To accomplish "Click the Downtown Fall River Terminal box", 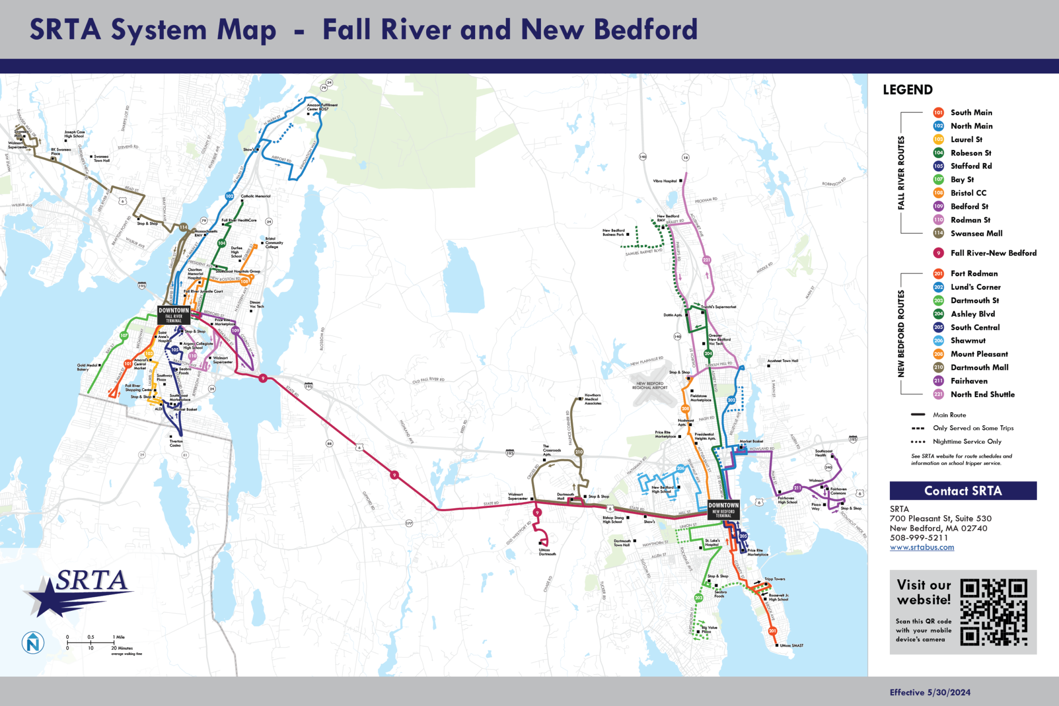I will (x=174, y=315).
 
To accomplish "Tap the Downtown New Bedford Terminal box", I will (x=723, y=509).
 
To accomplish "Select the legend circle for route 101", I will (x=939, y=113).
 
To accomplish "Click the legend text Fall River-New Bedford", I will (x=993, y=253).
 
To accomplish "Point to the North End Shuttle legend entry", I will (x=982, y=394).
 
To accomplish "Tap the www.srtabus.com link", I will (x=922, y=547).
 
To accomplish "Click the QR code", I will (x=993, y=612).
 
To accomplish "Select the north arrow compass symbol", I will (x=33, y=643).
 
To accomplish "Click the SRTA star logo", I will (x=78, y=592).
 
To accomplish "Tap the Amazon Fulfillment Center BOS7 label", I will (x=322, y=107).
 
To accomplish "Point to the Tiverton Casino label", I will (x=176, y=443).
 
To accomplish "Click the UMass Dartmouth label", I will (x=547, y=552).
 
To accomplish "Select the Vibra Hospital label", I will (x=664, y=181).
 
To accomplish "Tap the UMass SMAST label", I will (x=792, y=645).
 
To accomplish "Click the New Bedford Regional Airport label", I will (x=649, y=385).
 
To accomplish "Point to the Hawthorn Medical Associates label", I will (x=593, y=399).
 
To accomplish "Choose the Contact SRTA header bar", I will (x=963, y=491).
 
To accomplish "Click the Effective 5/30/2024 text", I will (x=930, y=693).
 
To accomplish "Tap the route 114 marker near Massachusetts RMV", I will (x=184, y=227).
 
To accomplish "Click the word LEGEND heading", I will (x=907, y=90).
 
